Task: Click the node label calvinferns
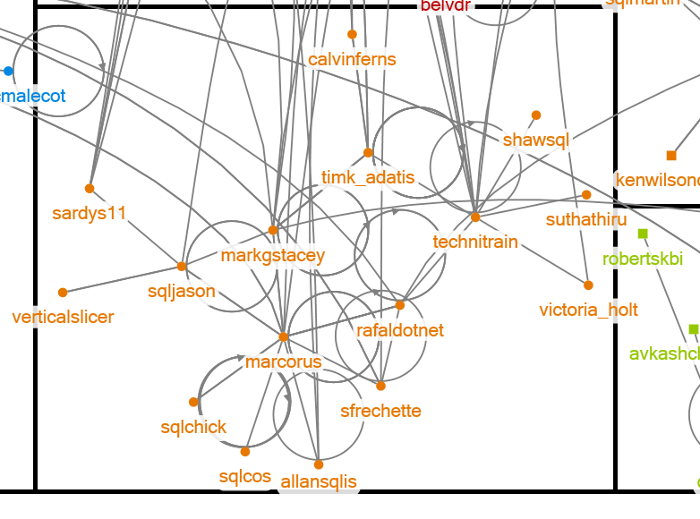click(352, 60)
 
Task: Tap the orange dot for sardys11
click(90, 188)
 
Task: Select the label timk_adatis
click(368, 177)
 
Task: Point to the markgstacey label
click(273, 255)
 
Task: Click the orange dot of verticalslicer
click(63, 293)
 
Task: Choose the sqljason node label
click(182, 291)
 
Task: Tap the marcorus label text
click(283, 362)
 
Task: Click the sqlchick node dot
click(193, 403)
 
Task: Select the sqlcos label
click(245, 476)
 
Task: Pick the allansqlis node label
click(319, 482)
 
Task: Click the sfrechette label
click(380, 411)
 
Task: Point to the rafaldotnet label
click(400, 330)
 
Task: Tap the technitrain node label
click(475, 242)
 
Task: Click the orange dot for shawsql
click(536, 115)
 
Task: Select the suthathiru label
click(586, 219)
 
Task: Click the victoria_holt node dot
click(588, 285)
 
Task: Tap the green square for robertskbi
click(643, 234)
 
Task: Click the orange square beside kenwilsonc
click(671, 156)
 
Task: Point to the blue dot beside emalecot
click(9, 71)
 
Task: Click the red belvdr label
click(446, 6)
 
